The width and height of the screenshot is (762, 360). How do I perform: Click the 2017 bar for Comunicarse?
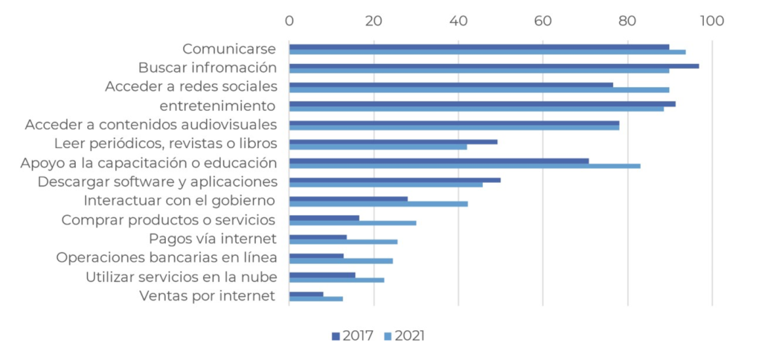[x=478, y=46]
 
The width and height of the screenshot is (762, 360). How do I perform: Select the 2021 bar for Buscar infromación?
[x=478, y=71]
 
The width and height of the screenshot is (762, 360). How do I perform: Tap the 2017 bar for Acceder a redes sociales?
[x=451, y=85]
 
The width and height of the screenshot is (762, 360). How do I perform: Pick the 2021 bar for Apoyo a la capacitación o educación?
[x=464, y=165]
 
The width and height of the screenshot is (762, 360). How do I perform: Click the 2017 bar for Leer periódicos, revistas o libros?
[x=393, y=141]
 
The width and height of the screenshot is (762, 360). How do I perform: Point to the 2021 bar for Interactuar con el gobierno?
[x=378, y=204]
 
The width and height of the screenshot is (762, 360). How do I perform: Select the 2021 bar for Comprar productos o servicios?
[x=353, y=222]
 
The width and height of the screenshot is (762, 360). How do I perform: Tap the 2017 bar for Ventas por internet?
[x=306, y=294]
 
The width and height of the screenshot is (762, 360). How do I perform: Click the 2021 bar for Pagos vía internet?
[x=343, y=242]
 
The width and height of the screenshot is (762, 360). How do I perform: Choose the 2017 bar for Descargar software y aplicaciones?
[x=394, y=180]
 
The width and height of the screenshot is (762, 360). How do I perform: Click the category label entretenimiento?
[x=218, y=106]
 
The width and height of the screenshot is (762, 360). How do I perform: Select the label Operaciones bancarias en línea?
[x=167, y=257]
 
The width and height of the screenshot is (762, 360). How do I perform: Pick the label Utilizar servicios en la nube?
[x=182, y=277]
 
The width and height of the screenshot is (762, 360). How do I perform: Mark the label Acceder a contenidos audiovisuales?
[x=151, y=124]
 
